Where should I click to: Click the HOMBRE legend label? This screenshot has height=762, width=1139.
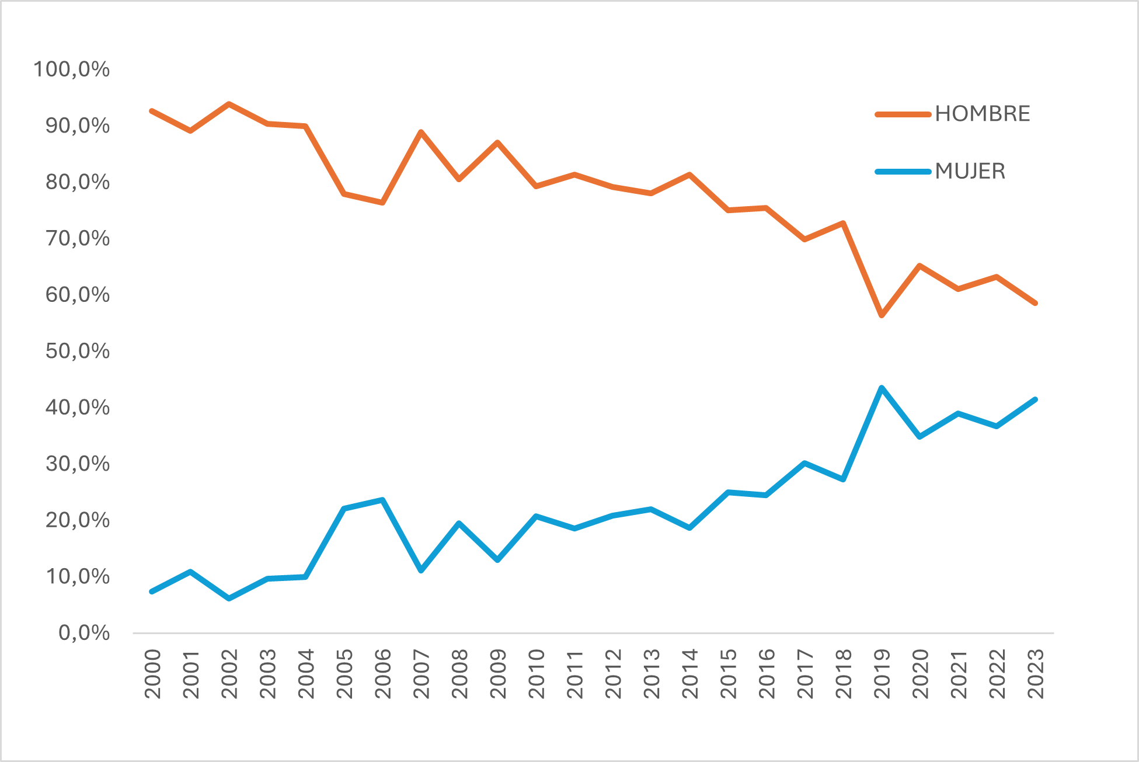982,114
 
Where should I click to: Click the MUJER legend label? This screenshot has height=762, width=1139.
970,172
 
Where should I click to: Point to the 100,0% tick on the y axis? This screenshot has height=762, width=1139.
72,69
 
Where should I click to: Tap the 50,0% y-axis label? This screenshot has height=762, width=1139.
78,351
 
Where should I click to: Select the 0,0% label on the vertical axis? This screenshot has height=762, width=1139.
84,633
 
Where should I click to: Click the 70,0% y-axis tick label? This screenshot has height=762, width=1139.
78,238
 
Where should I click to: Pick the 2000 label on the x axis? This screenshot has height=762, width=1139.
152,674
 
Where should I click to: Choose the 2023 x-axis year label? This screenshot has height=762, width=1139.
1036,674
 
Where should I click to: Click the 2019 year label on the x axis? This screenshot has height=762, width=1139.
882,674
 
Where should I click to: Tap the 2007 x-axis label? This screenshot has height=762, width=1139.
421,674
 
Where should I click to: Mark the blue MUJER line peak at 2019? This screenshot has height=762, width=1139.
882,388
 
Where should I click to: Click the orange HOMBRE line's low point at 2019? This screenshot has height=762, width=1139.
882,316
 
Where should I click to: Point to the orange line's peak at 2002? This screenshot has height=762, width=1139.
229,104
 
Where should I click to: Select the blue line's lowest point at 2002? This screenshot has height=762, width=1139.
229,599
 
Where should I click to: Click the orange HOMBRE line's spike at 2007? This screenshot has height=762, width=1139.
421,132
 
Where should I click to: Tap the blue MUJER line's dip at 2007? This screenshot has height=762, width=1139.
421,570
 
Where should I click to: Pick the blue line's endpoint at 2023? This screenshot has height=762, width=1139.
1035,399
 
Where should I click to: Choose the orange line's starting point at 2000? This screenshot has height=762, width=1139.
152,111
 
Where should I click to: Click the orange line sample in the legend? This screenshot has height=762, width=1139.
903,114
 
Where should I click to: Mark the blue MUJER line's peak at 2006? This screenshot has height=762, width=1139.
382,500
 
